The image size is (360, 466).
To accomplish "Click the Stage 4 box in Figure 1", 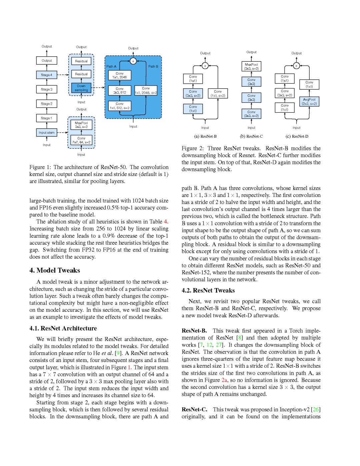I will (x=47, y=75).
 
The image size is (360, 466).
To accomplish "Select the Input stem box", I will (x=47, y=133).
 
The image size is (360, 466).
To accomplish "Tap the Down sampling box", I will (x=81, y=88).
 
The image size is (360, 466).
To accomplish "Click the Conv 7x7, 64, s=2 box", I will (x=81, y=140).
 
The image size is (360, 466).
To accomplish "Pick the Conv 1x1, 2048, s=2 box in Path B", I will (x=146, y=91).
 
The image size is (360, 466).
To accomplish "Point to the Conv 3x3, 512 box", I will (x=120, y=91).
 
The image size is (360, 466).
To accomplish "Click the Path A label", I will (x=111, y=67).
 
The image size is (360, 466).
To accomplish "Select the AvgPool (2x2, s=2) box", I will (x=309, y=102).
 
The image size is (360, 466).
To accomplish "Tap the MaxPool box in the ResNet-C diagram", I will (x=251, y=66).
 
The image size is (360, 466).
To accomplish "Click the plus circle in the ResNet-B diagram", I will (x=205, y=66).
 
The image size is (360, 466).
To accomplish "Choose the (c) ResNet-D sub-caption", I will (x=297, y=136).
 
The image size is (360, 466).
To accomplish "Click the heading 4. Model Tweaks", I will (x=55, y=270).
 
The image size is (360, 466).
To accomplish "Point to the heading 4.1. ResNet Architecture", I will (x=63, y=328).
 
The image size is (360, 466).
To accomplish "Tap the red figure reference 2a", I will (x=224, y=380).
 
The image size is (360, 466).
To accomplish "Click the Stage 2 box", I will (x=47, y=104).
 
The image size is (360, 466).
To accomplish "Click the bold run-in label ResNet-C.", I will (x=194, y=409).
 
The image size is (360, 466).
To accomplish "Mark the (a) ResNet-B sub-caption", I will (x=205, y=136).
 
